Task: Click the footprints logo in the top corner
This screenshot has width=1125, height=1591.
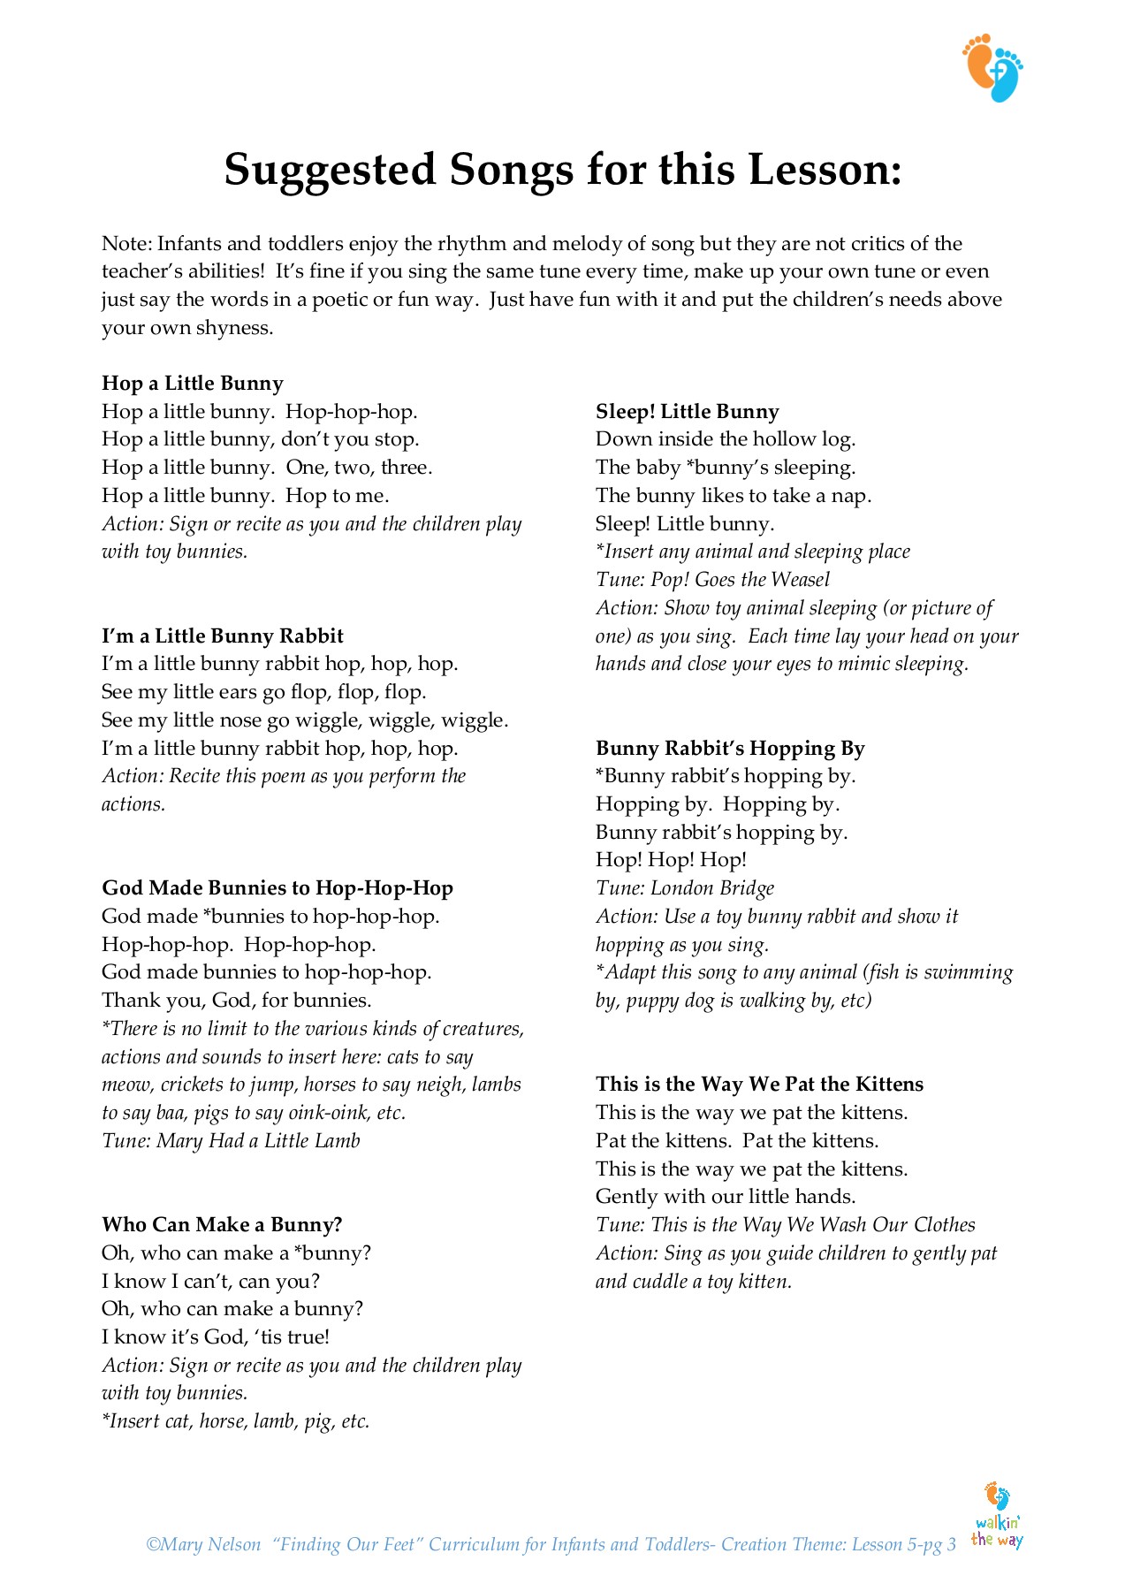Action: (992, 68)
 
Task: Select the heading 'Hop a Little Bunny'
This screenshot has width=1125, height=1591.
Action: (193, 384)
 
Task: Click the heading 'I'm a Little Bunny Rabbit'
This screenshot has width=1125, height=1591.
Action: (223, 636)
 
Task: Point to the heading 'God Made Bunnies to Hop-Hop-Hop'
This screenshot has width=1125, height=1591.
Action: (277, 888)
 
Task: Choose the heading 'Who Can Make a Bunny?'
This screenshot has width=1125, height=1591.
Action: (222, 1225)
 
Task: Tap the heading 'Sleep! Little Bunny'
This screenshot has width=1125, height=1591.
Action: (688, 412)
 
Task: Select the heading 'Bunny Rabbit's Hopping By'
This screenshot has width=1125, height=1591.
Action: (730, 749)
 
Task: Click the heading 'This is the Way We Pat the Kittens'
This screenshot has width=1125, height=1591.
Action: (759, 1085)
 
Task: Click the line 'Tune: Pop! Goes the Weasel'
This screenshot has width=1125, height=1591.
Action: (712, 580)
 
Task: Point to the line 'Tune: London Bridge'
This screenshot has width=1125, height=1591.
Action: (685, 888)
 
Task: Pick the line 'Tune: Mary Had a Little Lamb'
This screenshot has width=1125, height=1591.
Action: (231, 1141)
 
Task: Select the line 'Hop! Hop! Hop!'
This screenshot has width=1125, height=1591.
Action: (671, 860)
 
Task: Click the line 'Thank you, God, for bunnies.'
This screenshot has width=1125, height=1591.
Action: (237, 1001)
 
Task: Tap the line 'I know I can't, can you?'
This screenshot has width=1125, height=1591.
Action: (210, 1282)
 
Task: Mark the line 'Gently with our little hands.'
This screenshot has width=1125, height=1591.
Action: (726, 1197)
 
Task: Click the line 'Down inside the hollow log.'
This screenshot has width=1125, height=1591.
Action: (726, 439)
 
